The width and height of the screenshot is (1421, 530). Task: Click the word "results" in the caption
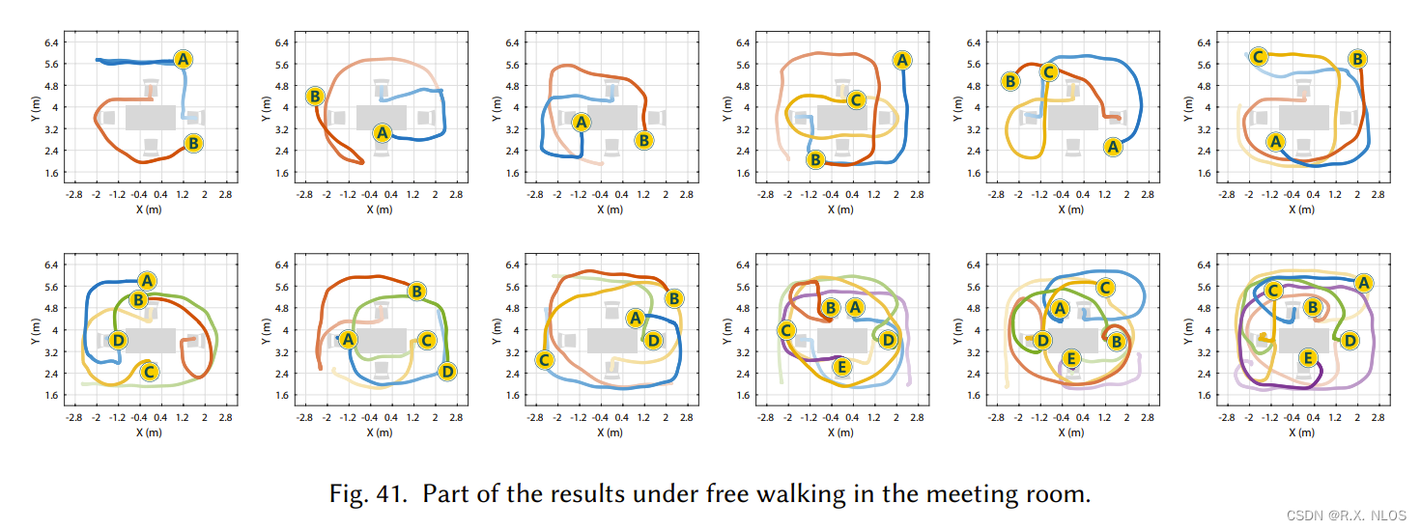[x=592, y=495]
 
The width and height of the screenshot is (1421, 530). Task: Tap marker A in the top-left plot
[x=184, y=59]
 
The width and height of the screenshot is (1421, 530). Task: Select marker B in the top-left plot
[x=192, y=144]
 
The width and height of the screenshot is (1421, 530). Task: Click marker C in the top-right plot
[x=1258, y=57]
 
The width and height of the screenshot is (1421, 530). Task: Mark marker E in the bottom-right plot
[x=1308, y=358]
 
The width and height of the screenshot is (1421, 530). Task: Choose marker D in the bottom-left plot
[x=117, y=340]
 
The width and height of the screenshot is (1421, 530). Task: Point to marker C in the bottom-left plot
[x=149, y=371]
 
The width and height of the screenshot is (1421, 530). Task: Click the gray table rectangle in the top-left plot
[x=150, y=116]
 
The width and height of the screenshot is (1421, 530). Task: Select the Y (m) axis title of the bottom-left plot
[x=36, y=330]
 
